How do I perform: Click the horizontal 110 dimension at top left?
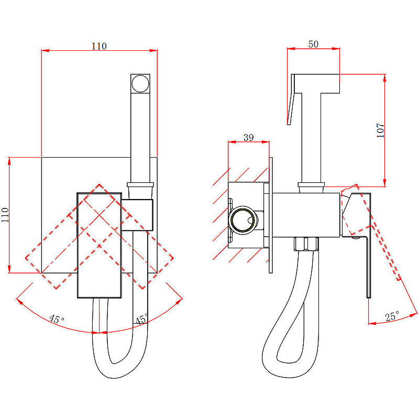99,46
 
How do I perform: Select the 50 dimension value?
313,45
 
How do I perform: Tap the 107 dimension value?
381,130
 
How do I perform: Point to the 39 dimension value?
249,137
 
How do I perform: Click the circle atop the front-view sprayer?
140,84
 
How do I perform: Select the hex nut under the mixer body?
307,245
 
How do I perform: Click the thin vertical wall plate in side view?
271,215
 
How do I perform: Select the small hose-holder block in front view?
139,215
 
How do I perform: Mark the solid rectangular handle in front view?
100,245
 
